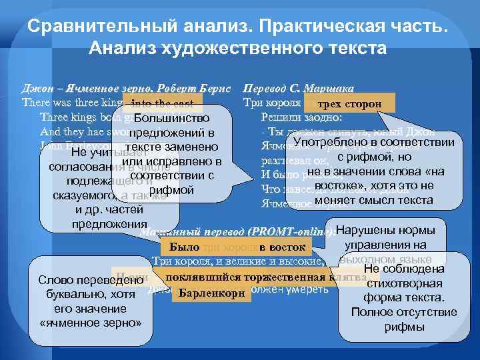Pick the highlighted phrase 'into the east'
pyautogui.click(x=163, y=103)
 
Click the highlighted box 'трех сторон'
pyautogui.click(x=349, y=104)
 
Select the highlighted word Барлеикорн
pyautogui.click(x=211, y=293)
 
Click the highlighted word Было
pyautogui.click(x=180, y=248)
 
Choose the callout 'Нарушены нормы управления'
pyautogui.click(x=387, y=237)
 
